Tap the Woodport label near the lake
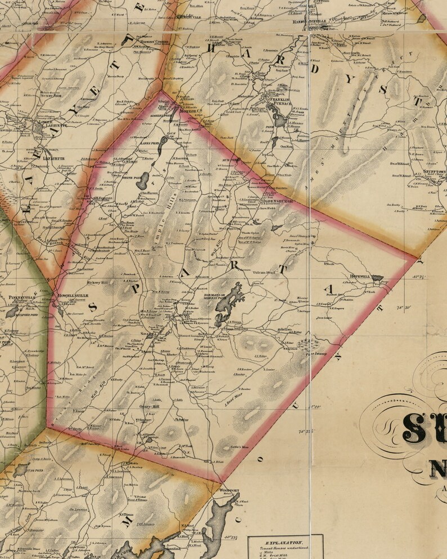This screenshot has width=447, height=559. click(230, 491)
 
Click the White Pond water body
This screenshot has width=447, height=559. click(144, 181)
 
